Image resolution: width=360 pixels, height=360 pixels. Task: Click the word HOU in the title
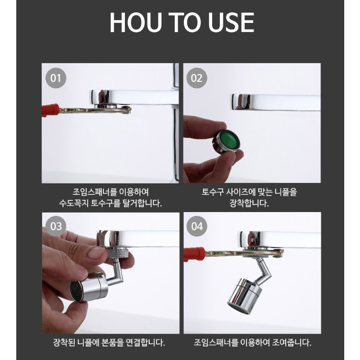pos(136,22)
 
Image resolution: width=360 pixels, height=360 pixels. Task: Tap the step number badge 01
pos(56,78)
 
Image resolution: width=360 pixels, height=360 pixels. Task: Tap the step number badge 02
pos(197,78)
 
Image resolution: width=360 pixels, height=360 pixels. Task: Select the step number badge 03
pos(56,226)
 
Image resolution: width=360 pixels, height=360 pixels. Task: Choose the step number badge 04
pos(197,226)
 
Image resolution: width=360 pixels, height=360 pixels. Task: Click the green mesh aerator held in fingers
pos(226,141)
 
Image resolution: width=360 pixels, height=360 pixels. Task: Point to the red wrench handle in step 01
pos(51,110)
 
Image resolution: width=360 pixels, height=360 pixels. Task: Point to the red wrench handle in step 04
pos(194,254)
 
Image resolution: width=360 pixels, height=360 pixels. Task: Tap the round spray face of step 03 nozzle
pos(78,291)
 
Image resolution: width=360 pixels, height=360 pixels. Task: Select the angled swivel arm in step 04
pos(264,271)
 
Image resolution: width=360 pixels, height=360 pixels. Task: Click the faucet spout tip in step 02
pos(240,101)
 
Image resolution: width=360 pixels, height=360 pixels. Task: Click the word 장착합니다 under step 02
pos(249,203)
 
